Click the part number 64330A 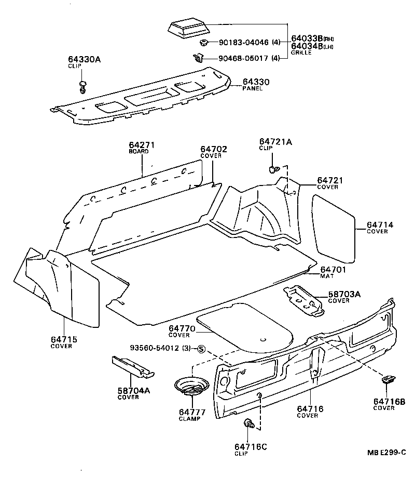pos(84,60)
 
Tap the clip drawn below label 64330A pos(82,87)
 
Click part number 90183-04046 pos(243,43)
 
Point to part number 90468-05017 pos(243,58)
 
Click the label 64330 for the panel pos(256,82)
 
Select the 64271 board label pos(142,145)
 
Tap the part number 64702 pos(214,149)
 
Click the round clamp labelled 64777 pos(192,388)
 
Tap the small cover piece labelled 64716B pos(389,379)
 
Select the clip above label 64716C pos(249,425)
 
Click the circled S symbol pos(202,348)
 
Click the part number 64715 pos(64,339)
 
